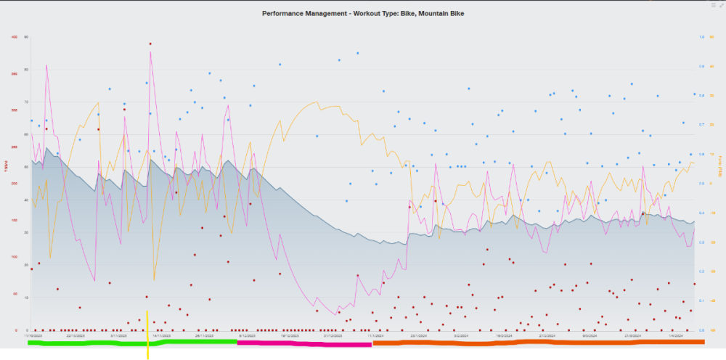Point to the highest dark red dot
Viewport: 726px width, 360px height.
[150, 44]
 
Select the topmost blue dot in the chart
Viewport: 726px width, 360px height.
[357, 53]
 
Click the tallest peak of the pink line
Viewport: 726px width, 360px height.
[150, 52]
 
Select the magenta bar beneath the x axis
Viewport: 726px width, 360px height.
[305, 342]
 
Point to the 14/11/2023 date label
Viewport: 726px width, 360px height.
[161, 336]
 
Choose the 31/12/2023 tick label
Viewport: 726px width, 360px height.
[333, 336]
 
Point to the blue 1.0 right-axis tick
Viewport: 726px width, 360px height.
[701, 37]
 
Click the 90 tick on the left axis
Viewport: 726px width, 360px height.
[26, 37]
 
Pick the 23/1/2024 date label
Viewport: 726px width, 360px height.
[418, 336]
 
